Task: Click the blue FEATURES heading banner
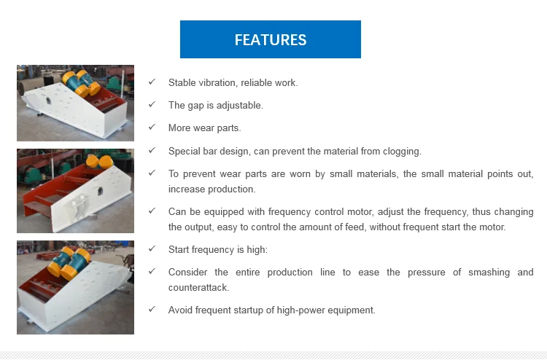(x=271, y=39)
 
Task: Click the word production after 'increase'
(x=232, y=189)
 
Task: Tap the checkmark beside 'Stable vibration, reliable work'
(x=152, y=82)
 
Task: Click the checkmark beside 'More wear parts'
(x=152, y=128)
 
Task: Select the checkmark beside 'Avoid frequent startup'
(x=152, y=310)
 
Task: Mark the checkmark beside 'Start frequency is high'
(x=152, y=249)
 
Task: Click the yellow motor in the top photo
(x=81, y=82)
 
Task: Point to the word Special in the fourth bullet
(x=184, y=152)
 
